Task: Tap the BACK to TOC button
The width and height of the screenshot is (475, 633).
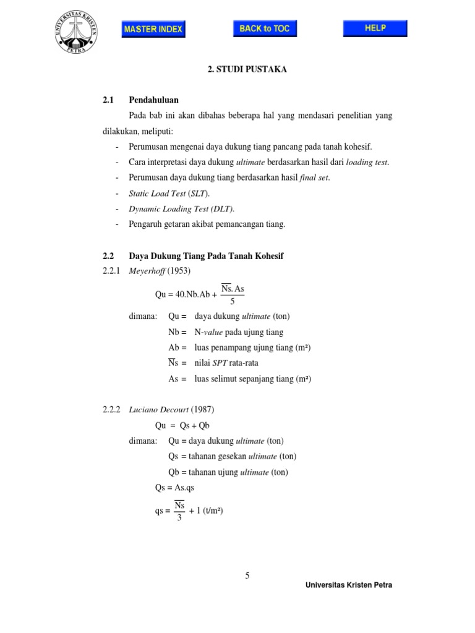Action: [x=264, y=28]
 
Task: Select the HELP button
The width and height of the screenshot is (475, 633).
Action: [x=375, y=28]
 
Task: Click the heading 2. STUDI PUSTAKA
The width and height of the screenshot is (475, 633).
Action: [x=247, y=70]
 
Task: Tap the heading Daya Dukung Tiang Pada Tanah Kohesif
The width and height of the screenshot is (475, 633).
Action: [x=205, y=255]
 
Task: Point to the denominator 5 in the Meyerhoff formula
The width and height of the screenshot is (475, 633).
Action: [x=232, y=302]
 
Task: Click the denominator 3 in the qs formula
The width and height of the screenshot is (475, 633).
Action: [x=179, y=517]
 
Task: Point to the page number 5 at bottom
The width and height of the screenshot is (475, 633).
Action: [x=247, y=576]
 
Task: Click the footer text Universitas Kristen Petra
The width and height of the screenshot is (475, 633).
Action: [x=349, y=585]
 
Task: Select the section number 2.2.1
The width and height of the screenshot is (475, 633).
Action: [x=113, y=270]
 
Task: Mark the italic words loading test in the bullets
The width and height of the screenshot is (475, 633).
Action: [x=367, y=163]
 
